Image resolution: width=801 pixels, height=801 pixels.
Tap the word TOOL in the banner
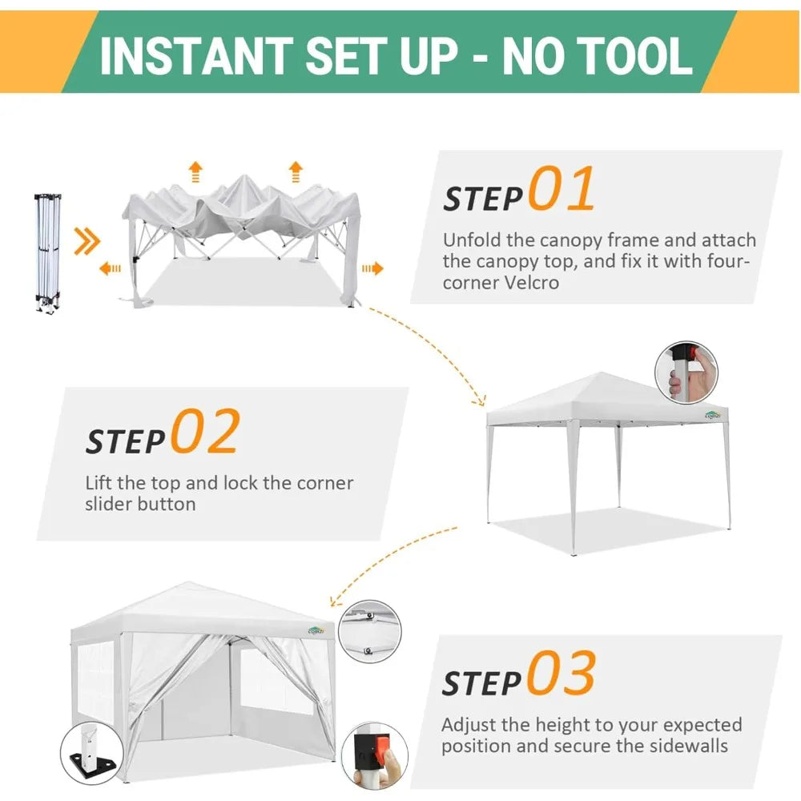[x=637, y=56]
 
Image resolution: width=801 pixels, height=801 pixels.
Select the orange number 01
[x=562, y=188]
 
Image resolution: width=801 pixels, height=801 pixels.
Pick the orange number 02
[x=205, y=431]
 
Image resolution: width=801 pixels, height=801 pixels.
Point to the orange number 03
[x=562, y=672]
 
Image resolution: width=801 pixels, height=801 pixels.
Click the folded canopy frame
[x=48, y=252]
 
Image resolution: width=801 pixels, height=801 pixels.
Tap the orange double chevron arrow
[x=87, y=240]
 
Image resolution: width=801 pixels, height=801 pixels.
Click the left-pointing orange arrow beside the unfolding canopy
[x=110, y=268]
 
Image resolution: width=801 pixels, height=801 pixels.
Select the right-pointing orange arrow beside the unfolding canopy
[x=372, y=268]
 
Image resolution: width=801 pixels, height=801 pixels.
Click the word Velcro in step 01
[x=528, y=283]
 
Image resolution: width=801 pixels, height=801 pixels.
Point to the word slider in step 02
[x=107, y=504]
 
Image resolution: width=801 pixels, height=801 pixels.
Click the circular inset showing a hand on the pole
[x=686, y=373]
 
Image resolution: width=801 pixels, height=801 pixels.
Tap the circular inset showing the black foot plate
[x=92, y=754]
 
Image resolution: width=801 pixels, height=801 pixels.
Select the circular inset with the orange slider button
[x=374, y=755]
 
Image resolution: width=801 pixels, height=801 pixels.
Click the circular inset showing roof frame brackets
[x=370, y=631]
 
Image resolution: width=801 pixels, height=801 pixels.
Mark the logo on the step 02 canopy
[x=713, y=415]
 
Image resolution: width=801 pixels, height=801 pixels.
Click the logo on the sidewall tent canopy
[x=316, y=630]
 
